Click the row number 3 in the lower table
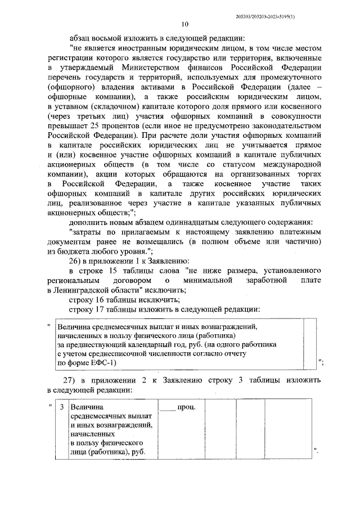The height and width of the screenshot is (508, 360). pyautogui.click(x=61, y=406)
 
